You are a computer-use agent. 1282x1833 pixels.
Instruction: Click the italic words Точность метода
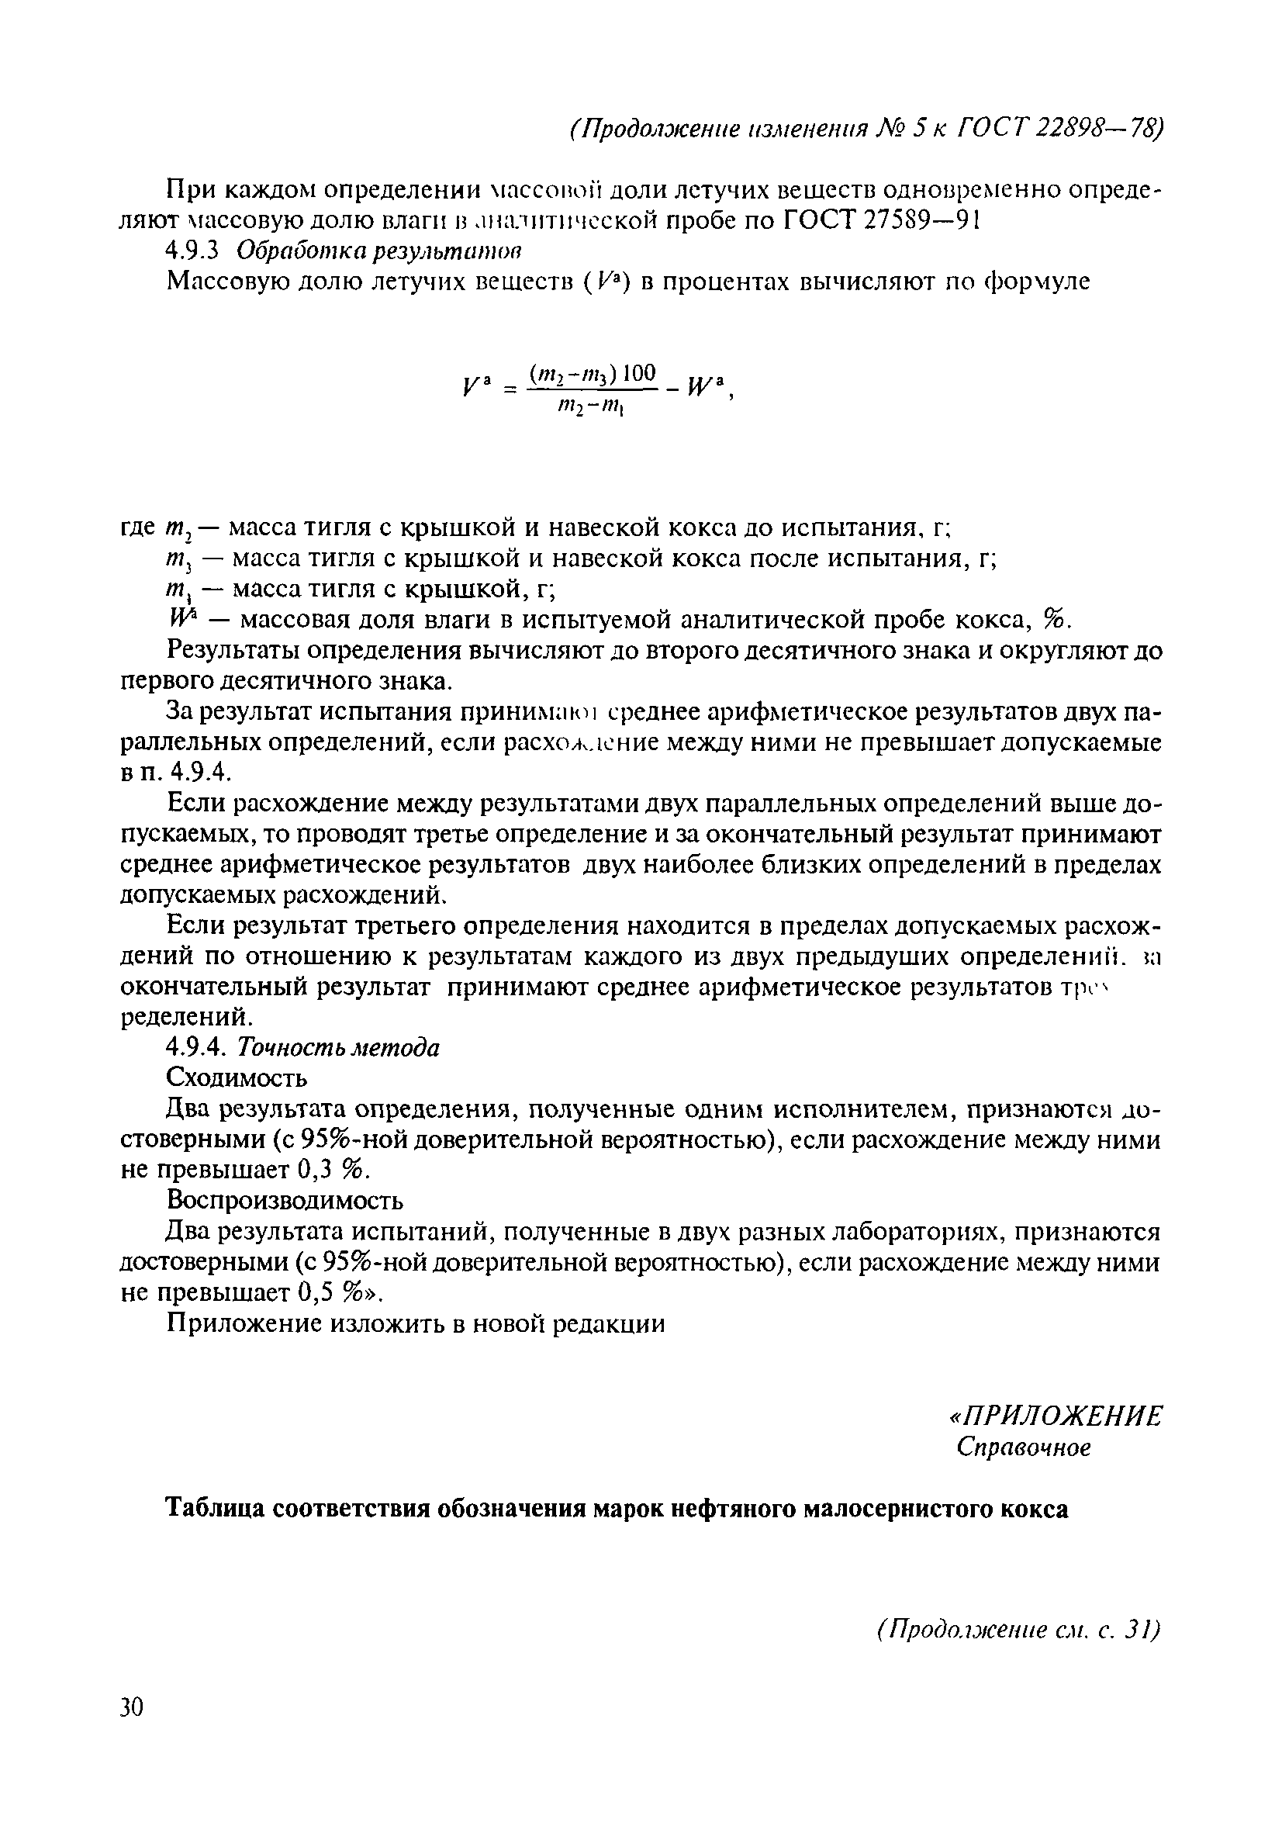click(x=339, y=1046)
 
